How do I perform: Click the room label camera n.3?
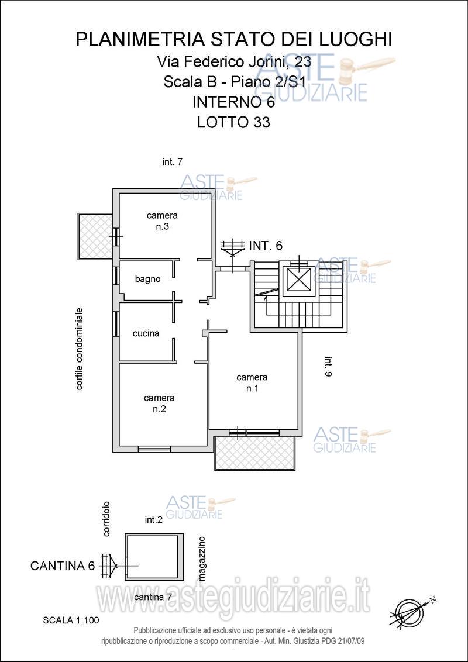162,221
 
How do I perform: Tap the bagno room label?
148,279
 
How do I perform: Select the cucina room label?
146,333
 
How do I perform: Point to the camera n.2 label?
159,403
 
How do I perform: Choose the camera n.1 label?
252,382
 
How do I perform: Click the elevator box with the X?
299,280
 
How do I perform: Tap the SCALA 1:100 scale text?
71,620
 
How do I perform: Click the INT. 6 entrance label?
266,245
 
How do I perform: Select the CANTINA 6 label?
63,566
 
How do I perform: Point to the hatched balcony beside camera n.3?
95,236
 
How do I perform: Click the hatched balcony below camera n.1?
254,453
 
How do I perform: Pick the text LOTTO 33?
233,122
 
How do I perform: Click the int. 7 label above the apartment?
172,162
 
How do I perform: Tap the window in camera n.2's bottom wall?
154,449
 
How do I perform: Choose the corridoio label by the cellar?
106,519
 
